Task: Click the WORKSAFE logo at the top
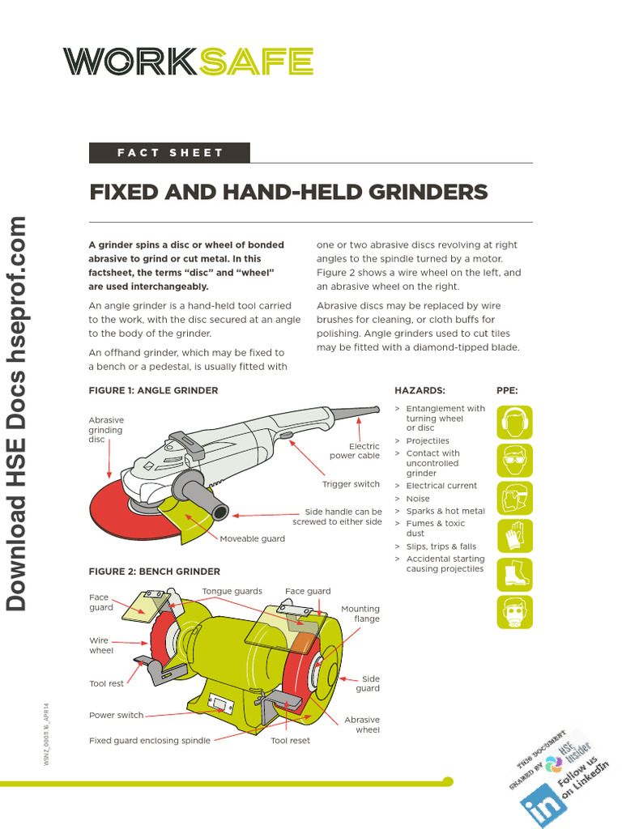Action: tap(188, 62)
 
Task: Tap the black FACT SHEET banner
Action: tap(169, 153)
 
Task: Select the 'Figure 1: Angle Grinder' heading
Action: tap(153, 390)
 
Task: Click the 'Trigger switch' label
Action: tap(351, 484)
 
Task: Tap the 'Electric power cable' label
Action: tap(354, 451)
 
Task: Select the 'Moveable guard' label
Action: tap(252, 538)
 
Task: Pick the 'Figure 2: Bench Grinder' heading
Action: tap(154, 572)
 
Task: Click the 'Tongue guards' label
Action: tap(232, 591)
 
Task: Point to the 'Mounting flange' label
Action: tap(360, 614)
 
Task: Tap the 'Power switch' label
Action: tap(116, 716)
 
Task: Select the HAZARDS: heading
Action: tap(420, 390)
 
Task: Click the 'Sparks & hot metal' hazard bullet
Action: tap(445, 511)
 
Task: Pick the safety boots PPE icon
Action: tap(515, 574)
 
